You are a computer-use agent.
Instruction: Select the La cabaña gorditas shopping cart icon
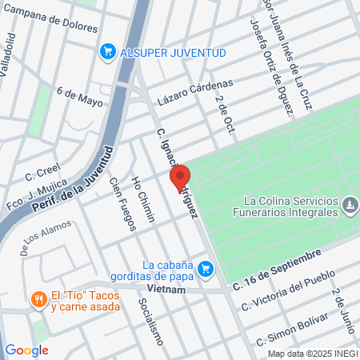206,268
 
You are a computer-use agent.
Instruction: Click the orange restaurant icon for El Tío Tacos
37,299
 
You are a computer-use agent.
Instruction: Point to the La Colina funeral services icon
350,206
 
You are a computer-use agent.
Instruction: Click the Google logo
26,350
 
